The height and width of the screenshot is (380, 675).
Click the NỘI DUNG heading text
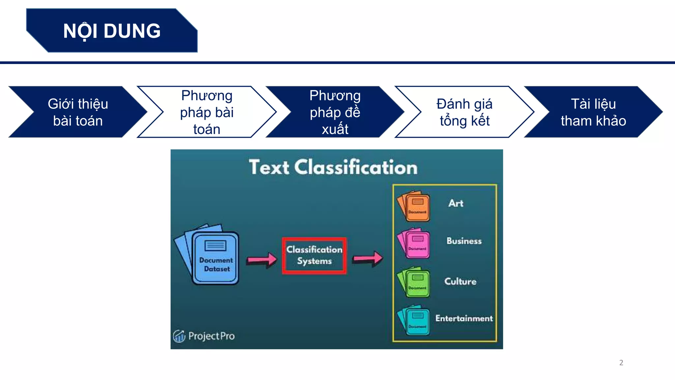tap(112, 31)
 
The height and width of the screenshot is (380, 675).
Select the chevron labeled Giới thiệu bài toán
tap(78, 112)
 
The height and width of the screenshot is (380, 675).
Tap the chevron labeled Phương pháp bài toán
tap(207, 112)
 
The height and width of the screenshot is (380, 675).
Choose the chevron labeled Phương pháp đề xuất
tap(335, 112)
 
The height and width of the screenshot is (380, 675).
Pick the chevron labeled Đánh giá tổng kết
tap(464, 112)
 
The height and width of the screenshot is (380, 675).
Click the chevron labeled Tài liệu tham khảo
tap(593, 112)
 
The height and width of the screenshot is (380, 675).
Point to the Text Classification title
tap(333, 167)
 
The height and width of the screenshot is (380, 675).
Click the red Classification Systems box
tap(314, 255)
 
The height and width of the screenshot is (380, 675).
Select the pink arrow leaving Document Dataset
tap(262, 260)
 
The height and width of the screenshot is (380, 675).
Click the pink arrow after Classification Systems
tap(368, 258)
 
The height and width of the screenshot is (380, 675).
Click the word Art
tap(456, 203)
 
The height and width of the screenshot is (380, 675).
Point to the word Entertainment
tap(464, 318)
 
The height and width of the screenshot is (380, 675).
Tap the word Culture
tap(460, 281)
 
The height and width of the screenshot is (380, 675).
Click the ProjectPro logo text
tap(211, 336)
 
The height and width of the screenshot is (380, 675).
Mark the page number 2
tap(621, 363)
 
